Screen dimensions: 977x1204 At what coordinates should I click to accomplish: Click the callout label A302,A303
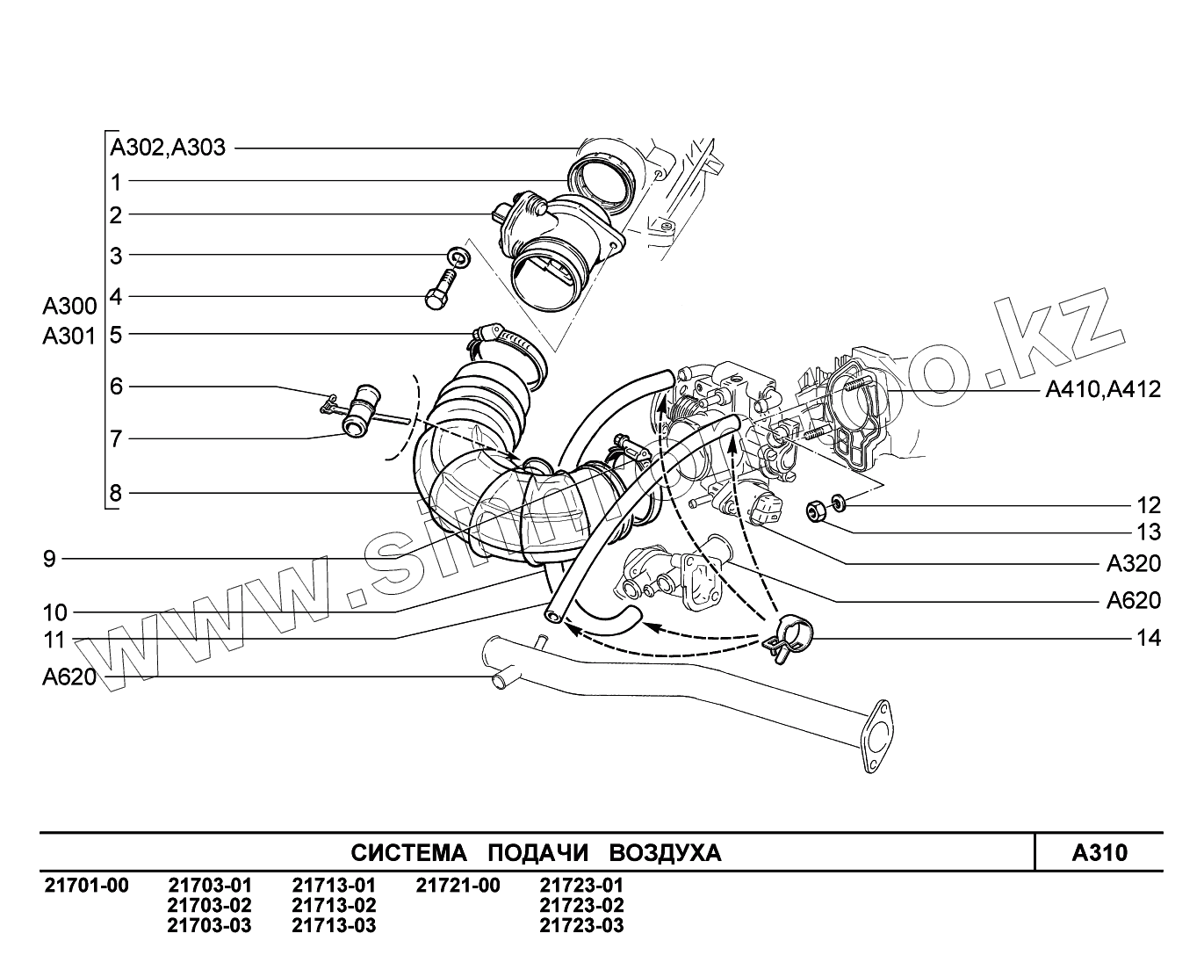(x=168, y=148)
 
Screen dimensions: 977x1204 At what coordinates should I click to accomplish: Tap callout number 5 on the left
(x=115, y=334)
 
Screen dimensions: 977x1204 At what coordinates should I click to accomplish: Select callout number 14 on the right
(x=1149, y=638)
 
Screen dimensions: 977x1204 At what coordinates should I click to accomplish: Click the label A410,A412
(x=1103, y=389)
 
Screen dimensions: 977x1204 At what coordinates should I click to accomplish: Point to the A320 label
(x=1133, y=563)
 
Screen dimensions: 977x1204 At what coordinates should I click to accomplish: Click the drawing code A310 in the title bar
(x=1099, y=852)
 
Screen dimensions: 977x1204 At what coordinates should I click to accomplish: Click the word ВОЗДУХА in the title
(x=665, y=853)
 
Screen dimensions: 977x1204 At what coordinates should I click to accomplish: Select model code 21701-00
(x=86, y=886)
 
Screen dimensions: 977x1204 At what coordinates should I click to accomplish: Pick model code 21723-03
(x=581, y=925)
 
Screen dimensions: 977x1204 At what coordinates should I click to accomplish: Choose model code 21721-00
(x=458, y=886)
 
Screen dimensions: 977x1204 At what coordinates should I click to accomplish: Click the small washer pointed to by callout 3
(x=457, y=257)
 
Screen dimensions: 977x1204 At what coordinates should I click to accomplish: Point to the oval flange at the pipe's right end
(x=874, y=736)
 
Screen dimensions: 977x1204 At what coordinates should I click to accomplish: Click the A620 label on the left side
(x=68, y=677)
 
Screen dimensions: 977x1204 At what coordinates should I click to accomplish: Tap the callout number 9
(x=50, y=559)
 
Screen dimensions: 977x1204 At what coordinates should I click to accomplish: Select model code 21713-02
(x=334, y=906)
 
